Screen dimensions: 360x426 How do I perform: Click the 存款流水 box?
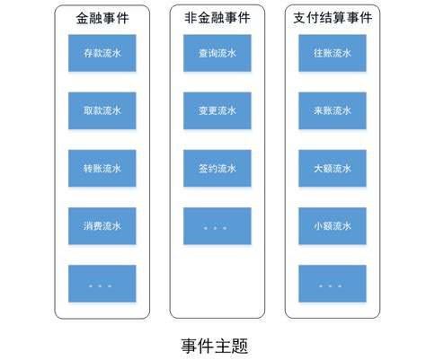tap(102, 53)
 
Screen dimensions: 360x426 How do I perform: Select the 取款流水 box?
tap(102, 110)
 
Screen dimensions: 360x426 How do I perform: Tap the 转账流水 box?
tap(102, 168)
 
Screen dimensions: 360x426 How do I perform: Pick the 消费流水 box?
tap(102, 225)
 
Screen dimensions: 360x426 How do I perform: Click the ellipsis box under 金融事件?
tap(102, 283)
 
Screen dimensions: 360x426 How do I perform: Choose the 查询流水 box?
tap(217, 53)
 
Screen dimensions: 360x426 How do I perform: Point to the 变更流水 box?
tap(217, 110)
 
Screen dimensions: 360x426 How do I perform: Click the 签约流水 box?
tap(217, 168)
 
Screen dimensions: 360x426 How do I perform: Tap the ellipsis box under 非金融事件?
tap(217, 225)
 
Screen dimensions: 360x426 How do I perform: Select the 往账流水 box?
tap(332, 53)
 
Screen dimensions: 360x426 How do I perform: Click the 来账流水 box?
tap(332, 110)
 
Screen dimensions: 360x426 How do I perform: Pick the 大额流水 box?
tap(332, 168)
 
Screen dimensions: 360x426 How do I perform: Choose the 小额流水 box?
tap(332, 225)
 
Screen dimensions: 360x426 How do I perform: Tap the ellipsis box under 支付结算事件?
tap(332, 283)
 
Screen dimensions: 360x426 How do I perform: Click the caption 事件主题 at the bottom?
tap(214, 344)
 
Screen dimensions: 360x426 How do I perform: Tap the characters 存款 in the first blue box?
tap(92, 53)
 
